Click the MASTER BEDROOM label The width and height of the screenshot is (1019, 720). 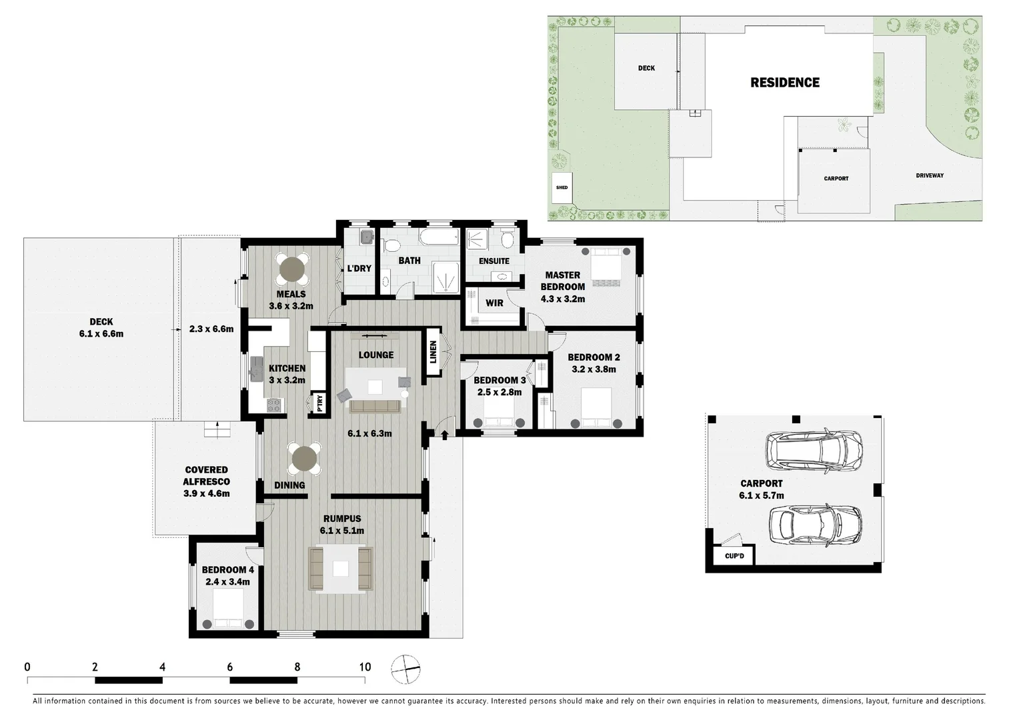[562, 281]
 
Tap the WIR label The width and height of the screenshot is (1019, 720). [494, 303]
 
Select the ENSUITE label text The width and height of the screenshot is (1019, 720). [493, 261]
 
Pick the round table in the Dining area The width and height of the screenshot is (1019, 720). [305, 459]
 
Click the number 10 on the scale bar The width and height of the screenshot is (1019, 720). [365, 667]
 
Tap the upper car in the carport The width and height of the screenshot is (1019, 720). [814, 449]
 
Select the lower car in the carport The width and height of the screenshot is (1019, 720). [814, 525]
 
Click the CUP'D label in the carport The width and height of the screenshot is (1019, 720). [734, 556]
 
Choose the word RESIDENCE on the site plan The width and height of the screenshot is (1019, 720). [785, 83]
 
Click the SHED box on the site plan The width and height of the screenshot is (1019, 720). [562, 187]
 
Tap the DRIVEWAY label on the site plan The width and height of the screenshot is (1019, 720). [929, 176]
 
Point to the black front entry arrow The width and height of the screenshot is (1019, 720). [445, 435]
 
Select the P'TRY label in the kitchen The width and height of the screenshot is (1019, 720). [319, 403]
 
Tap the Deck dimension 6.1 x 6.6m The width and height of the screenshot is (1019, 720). [101, 334]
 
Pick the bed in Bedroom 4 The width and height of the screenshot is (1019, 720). [228, 609]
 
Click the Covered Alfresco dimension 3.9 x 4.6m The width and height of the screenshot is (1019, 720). [207, 494]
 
